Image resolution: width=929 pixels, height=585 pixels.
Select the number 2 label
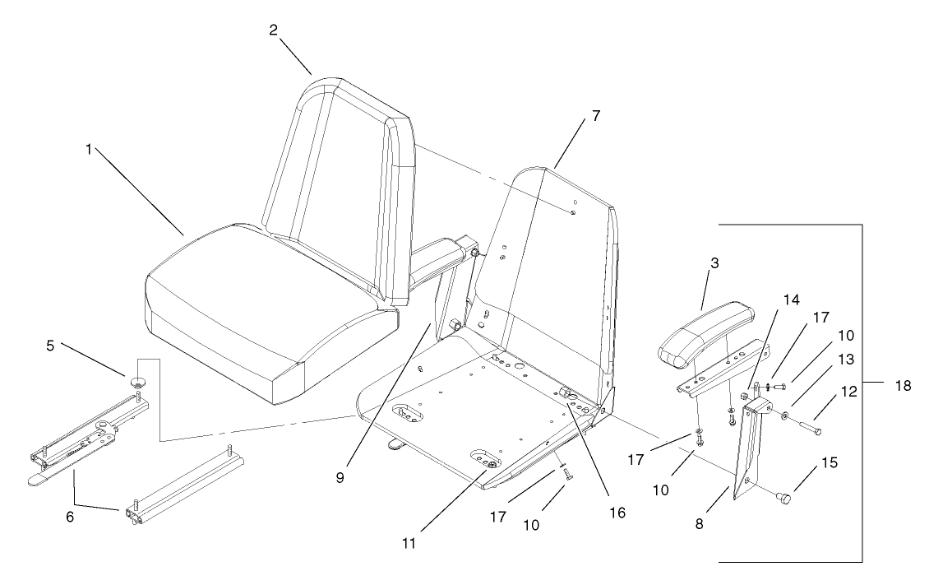273,30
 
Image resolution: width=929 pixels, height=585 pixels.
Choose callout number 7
594,115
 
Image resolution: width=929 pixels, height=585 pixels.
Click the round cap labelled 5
136,380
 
